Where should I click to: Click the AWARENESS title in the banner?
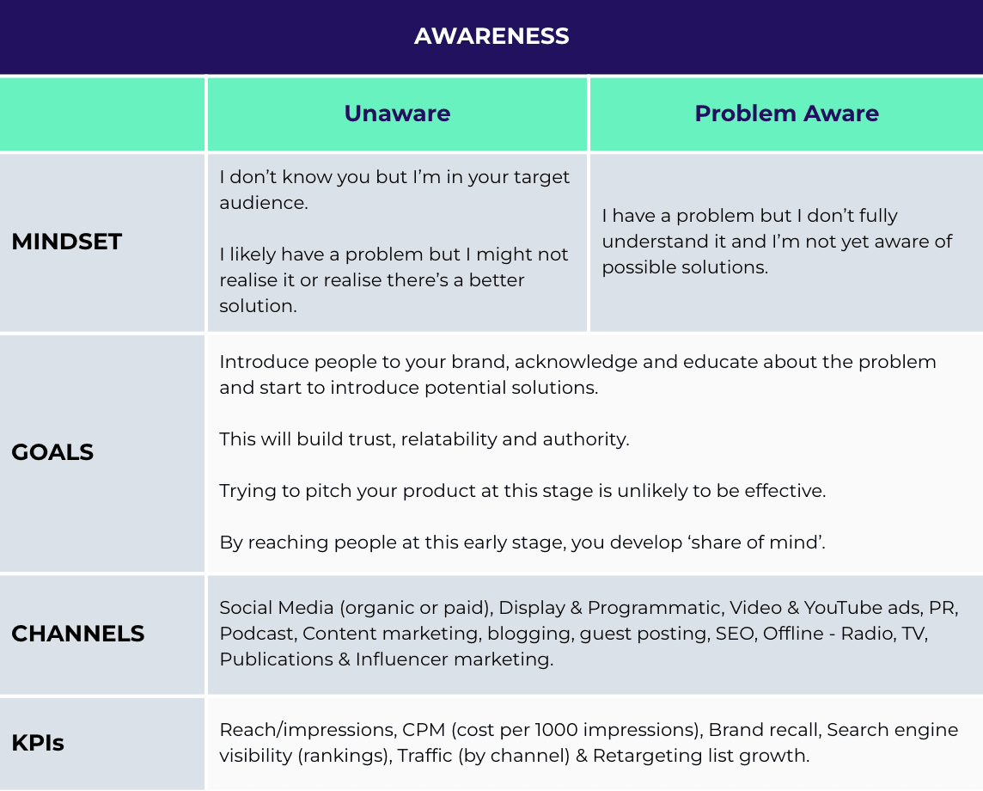point(491,36)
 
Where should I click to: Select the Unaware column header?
point(398,113)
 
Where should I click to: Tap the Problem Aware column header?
point(787,113)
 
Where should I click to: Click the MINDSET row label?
point(66,242)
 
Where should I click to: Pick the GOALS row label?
point(52,452)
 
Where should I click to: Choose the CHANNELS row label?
point(77,634)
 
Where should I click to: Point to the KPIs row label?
point(38,743)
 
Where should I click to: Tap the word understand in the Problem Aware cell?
point(644,242)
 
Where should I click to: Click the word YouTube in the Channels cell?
point(842,608)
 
